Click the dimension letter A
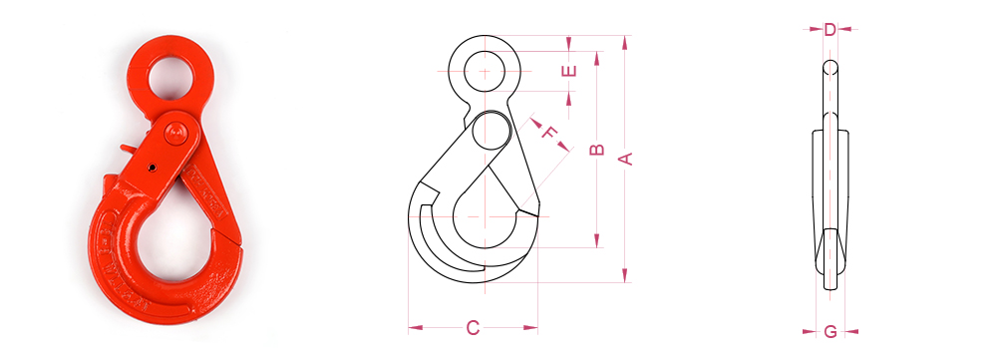tap(626, 159)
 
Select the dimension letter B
tap(596, 150)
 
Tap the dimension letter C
tap(473, 327)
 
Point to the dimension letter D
tap(830, 29)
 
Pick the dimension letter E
tap(570, 71)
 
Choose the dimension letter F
tap(548, 133)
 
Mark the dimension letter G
tap(831, 331)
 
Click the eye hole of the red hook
tap(171, 77)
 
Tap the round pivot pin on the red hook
tap(175, 135)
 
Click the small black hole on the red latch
tap(153, 168)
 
